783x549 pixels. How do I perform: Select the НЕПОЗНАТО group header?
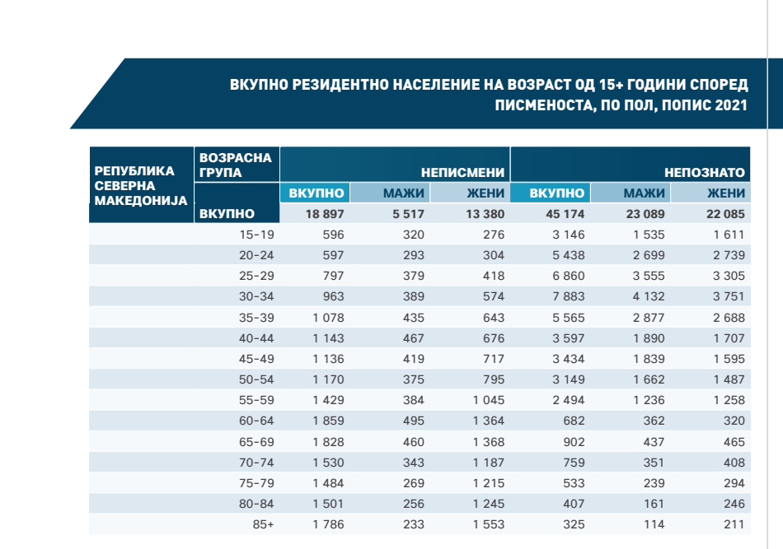[x=705, y=173]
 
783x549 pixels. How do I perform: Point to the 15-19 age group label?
[x=256, y=235]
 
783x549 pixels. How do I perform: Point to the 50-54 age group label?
[x=256, y=379]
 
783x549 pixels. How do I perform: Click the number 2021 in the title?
[x=730, y=105]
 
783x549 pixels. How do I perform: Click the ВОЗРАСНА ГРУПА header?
[x=235, y=165]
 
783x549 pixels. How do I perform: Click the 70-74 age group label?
[x=256, y=462]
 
